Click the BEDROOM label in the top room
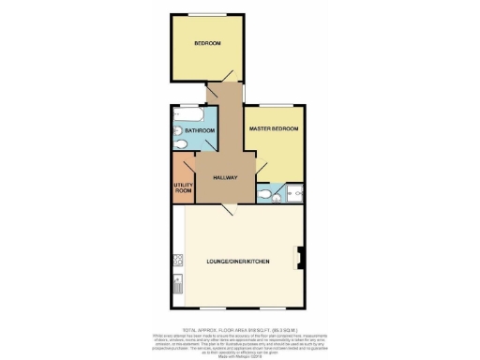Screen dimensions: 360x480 coord(208,44)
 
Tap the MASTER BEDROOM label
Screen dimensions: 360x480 coord(273,127)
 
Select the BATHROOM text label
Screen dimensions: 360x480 coord(200,130)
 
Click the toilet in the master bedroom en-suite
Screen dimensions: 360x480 coord(268,195)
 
